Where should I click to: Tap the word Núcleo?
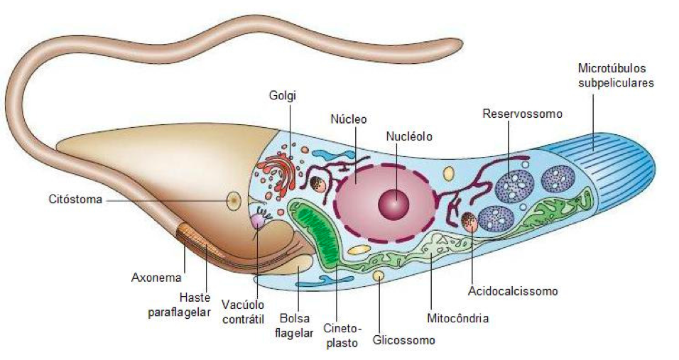pyautogui.click(x=349, y=119)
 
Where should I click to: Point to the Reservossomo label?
pyautogui.click(x=522, y=114)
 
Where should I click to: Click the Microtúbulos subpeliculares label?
pyautogui.click(x=616, y=76)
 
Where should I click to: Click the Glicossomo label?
pyautogui.click(x=403, y=341)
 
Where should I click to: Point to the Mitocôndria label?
pyautogui.click(x=457, y=318)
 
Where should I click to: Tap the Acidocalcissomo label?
pyautogui.click(x=513, y=290)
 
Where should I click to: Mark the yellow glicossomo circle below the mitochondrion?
pyautogui.click(x=379, y=275)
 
